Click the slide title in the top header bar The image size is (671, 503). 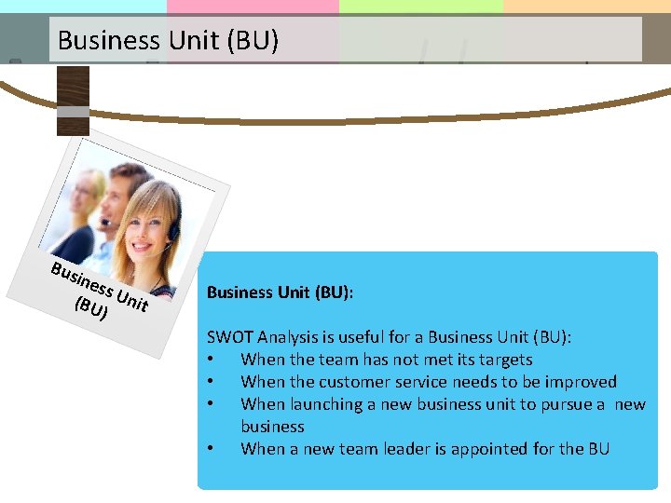(168, 40)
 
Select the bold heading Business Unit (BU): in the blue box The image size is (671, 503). (280, 292)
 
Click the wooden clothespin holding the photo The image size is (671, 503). (73, 101)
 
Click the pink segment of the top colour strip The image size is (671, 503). (252, 7)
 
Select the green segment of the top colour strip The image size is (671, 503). (419, 7)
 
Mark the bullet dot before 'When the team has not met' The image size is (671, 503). (213, 360)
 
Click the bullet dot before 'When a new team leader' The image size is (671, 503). (213, 449)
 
